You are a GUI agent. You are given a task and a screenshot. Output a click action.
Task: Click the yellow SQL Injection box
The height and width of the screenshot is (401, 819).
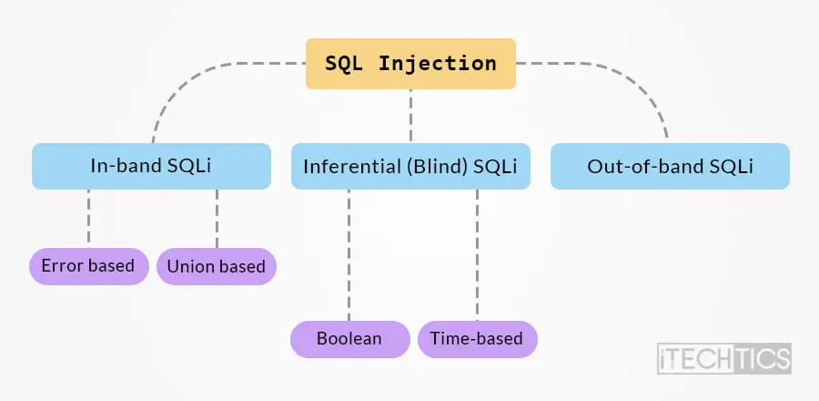tap(410, 63)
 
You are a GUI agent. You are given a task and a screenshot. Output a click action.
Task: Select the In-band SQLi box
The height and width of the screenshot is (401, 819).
tap(151, 166)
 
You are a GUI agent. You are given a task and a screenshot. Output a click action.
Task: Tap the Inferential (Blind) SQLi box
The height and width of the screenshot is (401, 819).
tap(410, 166)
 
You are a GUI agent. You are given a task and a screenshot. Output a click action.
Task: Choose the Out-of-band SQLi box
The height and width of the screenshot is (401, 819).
tap(670, 166)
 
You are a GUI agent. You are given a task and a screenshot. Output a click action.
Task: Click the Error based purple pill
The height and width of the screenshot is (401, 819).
tap(89, 266)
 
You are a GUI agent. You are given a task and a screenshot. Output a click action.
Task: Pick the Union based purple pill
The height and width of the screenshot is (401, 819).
tap(217, 266)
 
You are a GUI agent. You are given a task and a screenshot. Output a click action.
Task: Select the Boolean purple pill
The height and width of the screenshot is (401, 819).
tap(350, 339)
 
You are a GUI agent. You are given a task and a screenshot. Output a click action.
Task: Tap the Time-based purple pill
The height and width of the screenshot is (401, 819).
tap(478, 339)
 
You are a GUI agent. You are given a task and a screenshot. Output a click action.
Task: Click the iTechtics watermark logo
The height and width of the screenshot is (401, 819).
tap(724, 358)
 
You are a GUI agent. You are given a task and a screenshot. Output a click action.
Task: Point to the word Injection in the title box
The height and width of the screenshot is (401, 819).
tap(437, 63)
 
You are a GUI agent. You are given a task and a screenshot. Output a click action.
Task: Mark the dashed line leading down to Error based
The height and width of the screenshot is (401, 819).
tap(89, 216)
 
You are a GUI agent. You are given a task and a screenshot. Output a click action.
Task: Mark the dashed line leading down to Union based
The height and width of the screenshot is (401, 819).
tap(217, 218)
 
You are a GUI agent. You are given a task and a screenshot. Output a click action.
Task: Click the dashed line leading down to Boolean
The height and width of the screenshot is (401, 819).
tap(349, 254)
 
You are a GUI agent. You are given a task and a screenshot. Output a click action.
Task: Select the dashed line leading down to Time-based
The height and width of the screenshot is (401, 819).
tap(477, 254)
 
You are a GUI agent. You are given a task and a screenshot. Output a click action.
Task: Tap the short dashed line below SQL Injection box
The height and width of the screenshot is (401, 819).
tap(410, 116)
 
